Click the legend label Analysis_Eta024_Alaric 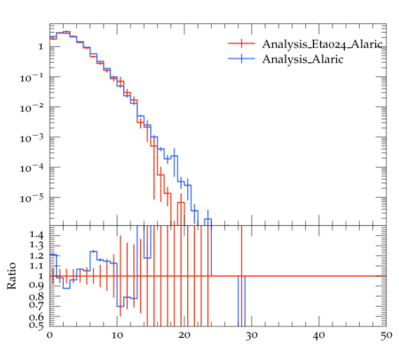tap(322, 44)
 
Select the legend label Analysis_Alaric tap(302, 59)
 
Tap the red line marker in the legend tap(241, 43)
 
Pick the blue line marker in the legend tap(241, 59)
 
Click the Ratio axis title tap(12, 276)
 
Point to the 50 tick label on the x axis tap(386, 336)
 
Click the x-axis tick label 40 tap(318, 336)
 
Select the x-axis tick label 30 tap(251, 336)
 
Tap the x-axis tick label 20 tap(184, 336)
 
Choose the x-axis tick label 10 tap(117, 336)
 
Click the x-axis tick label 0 tap(50, 336)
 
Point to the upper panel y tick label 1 tap(41, 47)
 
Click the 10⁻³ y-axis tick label tap(32, 137)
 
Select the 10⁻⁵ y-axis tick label tap(32, 198)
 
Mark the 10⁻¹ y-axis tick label tap(32, 77)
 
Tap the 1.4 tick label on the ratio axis tap(36, 236)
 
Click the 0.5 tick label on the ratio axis tap(36, 325)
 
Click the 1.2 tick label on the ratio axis tap(36, 255)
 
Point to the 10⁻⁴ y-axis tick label tap(32, 168)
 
